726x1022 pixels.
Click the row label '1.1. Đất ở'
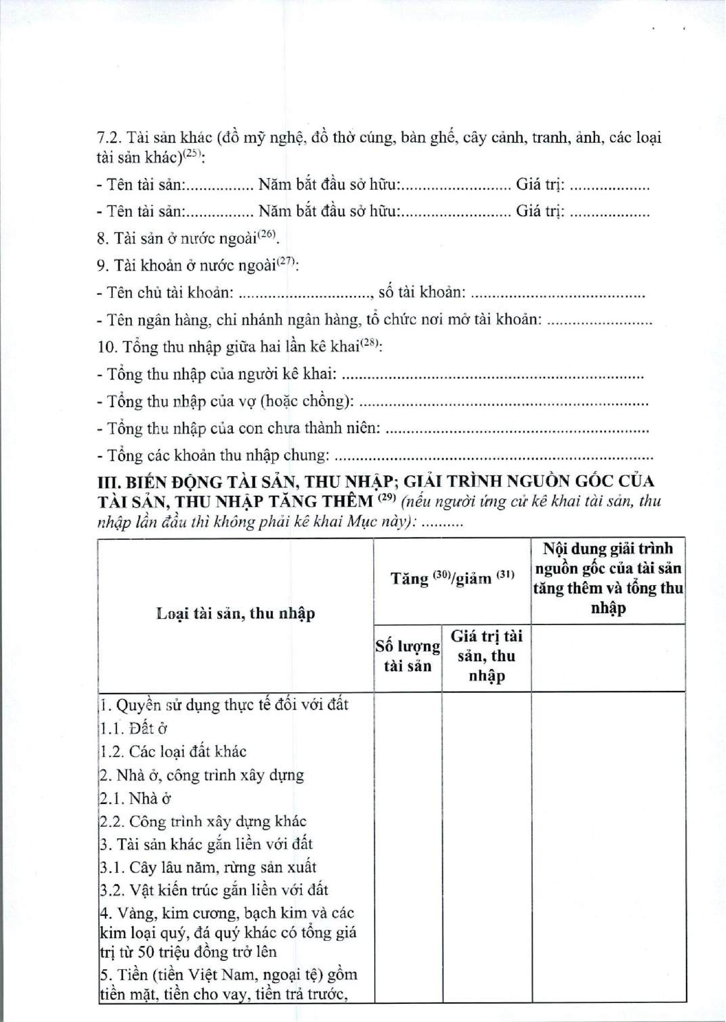133,728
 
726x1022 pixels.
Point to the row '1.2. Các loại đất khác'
172,752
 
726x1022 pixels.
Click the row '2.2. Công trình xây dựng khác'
202,821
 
